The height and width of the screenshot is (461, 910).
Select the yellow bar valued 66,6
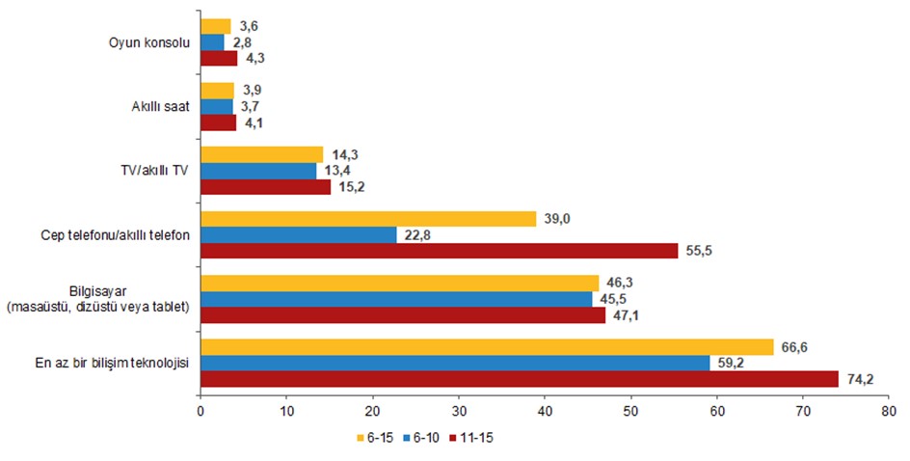487,347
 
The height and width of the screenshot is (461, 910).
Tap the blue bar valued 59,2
455,364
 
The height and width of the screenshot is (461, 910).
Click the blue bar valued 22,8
299,234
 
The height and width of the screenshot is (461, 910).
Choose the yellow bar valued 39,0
368,219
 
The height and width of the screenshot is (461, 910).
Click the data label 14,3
345,154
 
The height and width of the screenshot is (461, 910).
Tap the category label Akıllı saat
161,107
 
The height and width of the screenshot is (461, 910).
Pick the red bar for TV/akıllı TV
266,187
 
